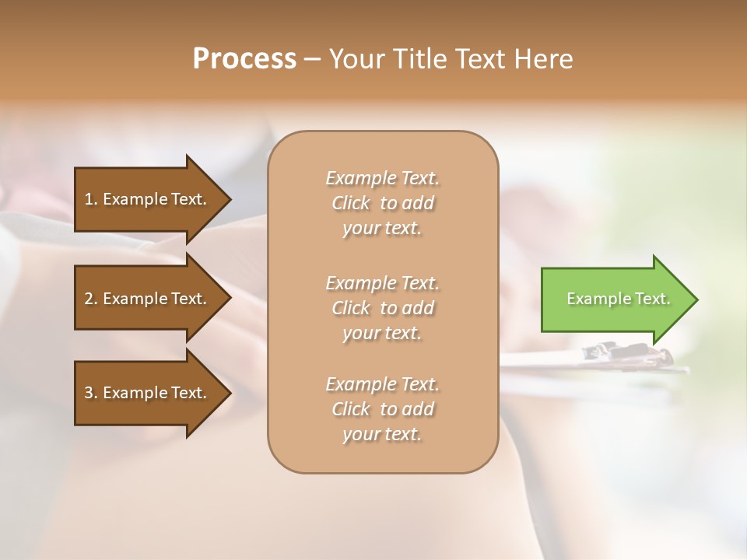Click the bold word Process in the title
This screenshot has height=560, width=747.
[244, 59]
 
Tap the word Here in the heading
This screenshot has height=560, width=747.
[543, 59]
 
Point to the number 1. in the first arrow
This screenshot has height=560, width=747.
[91, 199]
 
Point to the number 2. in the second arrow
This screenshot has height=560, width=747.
[91, 299]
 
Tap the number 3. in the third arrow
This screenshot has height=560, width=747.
[91, 393]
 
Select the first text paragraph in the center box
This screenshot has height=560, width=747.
[382, 203]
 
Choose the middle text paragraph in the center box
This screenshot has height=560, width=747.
[382, 308]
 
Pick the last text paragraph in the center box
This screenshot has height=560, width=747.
[382, 409]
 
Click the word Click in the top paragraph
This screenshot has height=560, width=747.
[351, 203]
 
